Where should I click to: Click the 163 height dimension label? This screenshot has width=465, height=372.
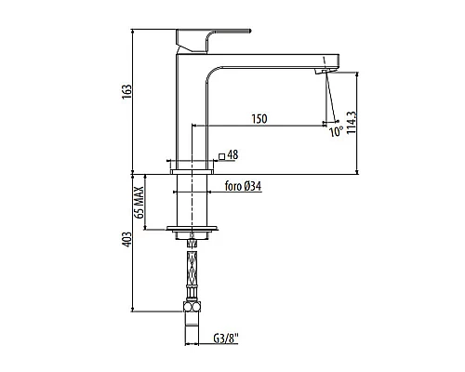(x=126, y=92)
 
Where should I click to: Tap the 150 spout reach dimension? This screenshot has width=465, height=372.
(x=259, y=119)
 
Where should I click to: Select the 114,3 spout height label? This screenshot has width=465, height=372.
(x=352, y=123)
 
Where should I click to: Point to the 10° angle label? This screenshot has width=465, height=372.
(x=336, y=132)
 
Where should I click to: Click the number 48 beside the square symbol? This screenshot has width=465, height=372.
(x=232, y=154)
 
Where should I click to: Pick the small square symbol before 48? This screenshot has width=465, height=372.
(x=221, y=156)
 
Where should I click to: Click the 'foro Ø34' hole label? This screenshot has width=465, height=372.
(x=243, y=186)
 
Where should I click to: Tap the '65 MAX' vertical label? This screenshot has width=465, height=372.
(x=139, y=203)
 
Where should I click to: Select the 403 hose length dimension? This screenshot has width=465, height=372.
(x=126, y=240)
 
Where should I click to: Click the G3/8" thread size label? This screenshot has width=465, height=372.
(x=226, y=339)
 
